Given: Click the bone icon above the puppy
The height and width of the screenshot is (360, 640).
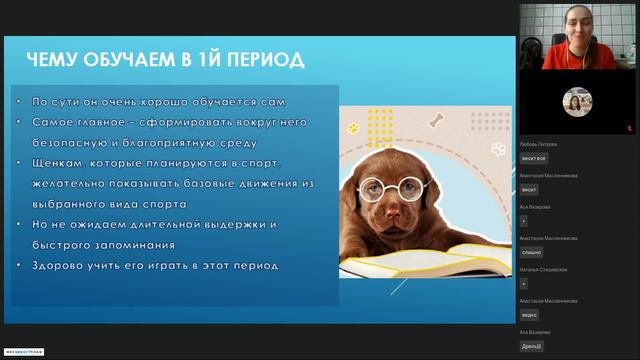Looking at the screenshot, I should coord(435,121).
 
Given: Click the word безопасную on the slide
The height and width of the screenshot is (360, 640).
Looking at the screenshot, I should coord(72,142).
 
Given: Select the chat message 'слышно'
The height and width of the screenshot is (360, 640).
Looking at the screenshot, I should coord(531,252).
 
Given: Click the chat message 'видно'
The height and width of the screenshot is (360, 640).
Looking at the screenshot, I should coord(529,315).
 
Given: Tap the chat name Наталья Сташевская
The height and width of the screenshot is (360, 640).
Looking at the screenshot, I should coord(543,270).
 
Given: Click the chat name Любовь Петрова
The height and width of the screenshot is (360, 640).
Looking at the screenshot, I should coord(539,144).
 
